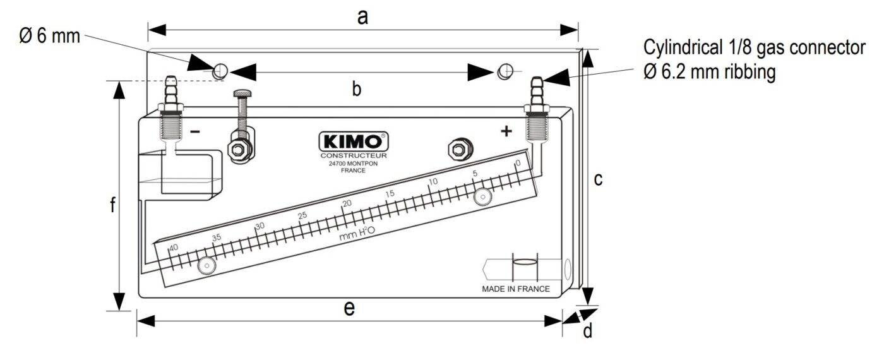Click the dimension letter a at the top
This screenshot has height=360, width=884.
(x=362, y=16)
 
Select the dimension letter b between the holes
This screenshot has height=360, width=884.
(x=356, y=90)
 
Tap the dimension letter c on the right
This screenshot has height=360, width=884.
(x=598, y=179)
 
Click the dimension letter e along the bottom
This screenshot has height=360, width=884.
(x=349, y=308)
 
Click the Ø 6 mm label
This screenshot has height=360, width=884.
(x=49, y=35)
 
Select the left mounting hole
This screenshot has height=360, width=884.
(x=220, y=71)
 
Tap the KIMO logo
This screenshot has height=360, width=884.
(x=353, y=140)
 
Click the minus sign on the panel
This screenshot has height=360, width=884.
(x=195, y=132)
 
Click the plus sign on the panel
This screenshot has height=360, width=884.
(x=506, y=131)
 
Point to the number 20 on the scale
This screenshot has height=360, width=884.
(x=347, y=203)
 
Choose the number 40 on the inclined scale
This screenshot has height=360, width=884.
(x=173, y=246)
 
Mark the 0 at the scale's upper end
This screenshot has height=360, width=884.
(x=518, y=163)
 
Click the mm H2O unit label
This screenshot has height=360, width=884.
(x=357, y=234)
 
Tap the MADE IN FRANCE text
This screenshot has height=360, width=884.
(x=515, y=289)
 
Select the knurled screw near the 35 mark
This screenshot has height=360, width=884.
(x=206, y=267)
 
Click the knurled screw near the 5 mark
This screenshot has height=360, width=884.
(x=484, y=197)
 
